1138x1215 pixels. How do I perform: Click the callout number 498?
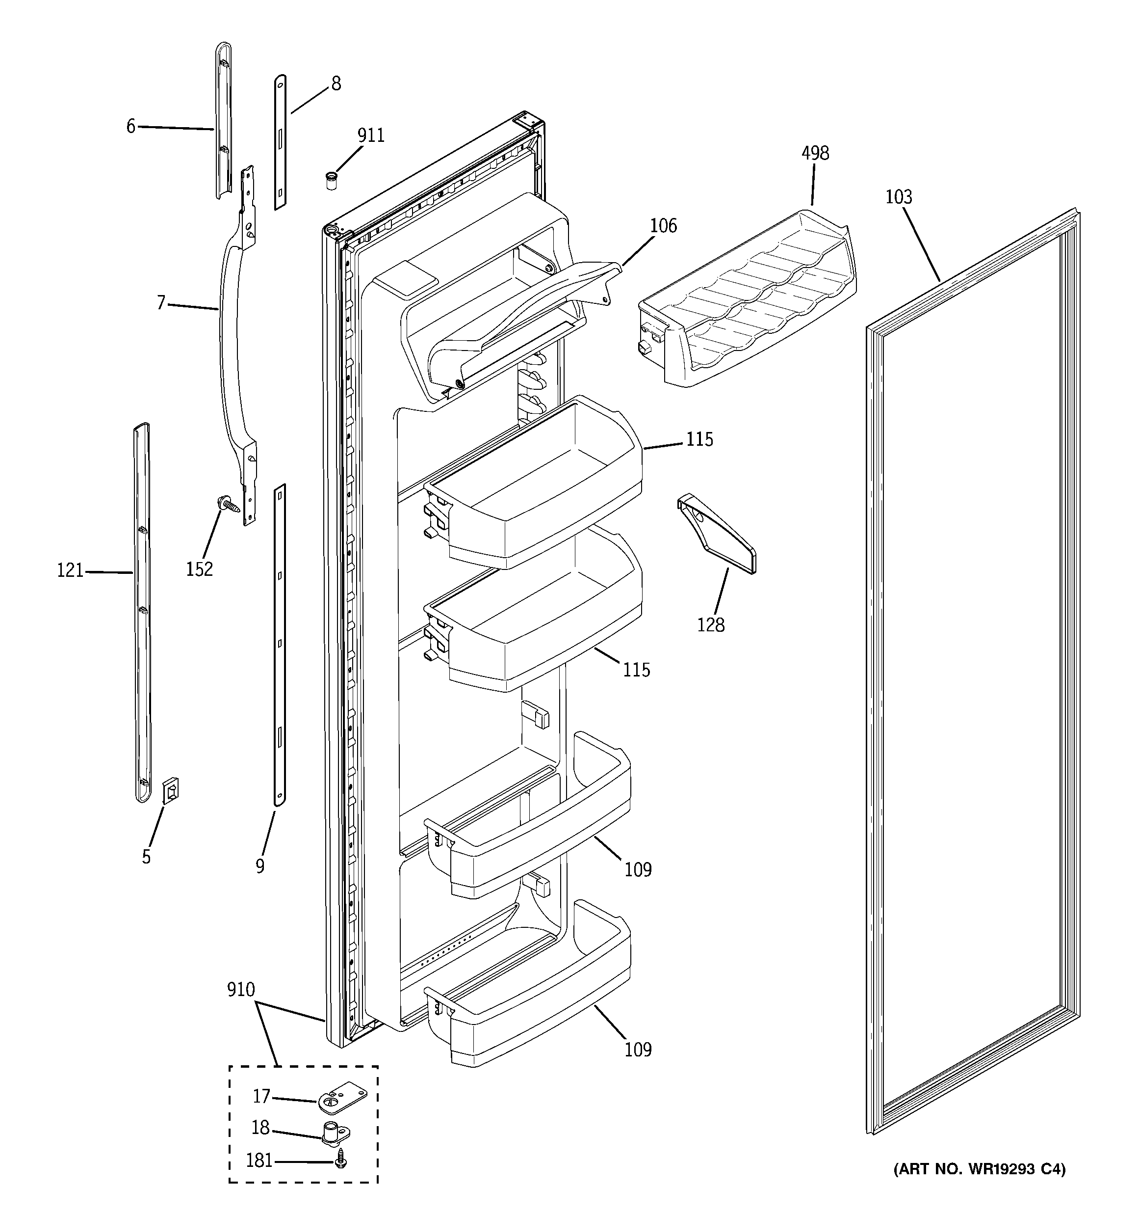[x=815, y=153]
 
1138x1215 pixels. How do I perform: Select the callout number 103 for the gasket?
[x=899, y=197]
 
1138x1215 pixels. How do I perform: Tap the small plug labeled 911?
[x=331, y=182]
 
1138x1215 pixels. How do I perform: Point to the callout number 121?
[x=70, y=571]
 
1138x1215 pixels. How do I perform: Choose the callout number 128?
[x=710, y=625]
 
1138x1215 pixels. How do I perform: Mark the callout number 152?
[x=199, y=569]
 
